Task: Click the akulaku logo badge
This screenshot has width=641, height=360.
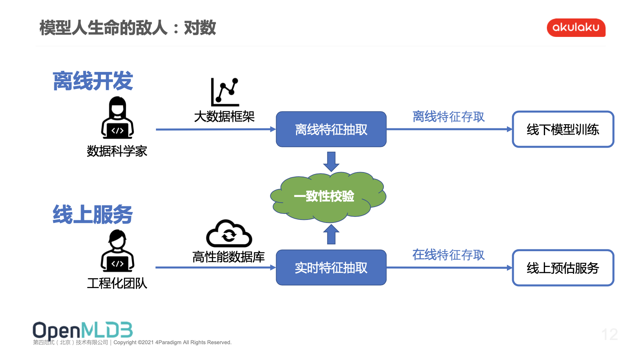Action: pos(575,27)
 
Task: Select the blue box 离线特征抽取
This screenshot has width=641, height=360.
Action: pos(331,129)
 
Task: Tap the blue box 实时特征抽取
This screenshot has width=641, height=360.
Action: pos(331,267)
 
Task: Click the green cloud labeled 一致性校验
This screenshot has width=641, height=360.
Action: pos(328,196)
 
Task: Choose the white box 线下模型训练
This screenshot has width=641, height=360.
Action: pos(563,129)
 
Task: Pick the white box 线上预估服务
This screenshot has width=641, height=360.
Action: pos(563,268)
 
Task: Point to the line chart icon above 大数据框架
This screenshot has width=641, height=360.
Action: pos(225,92)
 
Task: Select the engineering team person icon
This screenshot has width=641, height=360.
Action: pos(118,251)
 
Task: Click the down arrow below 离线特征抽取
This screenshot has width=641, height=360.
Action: pos(331,161)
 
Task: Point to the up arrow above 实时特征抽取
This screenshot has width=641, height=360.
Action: pos(331,234)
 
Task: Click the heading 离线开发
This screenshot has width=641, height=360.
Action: pos(93,81)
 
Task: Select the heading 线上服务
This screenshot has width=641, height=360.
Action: pos(93,215)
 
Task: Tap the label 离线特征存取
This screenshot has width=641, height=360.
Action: pos(448,117)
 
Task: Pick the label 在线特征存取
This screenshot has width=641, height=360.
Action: pos(448,255)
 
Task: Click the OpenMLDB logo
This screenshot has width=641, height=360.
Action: pos(83,331)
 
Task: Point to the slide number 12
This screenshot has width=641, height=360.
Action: pos(609,334)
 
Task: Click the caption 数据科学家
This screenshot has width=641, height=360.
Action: pos(117,151)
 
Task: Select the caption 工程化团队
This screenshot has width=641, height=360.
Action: pos(117,283)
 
